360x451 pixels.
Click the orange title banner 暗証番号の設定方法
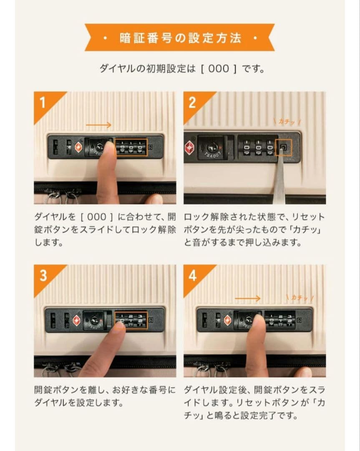179,38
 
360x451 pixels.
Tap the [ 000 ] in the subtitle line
219,68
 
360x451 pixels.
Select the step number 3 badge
43,276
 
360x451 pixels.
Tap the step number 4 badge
192,276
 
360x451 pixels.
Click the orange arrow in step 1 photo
98,125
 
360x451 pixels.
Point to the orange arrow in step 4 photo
248,298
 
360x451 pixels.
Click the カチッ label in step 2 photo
287,121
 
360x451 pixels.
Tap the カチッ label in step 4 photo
300,297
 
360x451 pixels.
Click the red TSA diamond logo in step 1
78,147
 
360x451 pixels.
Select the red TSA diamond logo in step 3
77,320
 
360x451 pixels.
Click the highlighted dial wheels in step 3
131,320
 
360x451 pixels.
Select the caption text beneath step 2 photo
254,230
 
